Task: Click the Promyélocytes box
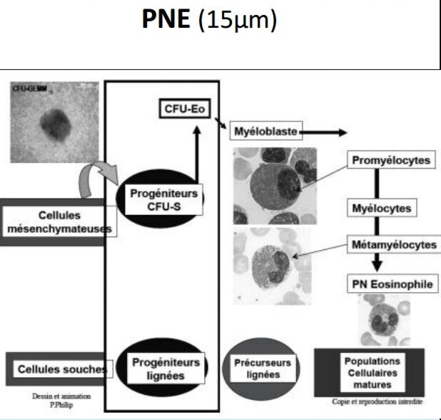click(x=392, y=161)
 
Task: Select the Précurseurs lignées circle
click(x=263, y=369)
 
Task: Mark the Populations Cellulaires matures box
click(x=371, y=371)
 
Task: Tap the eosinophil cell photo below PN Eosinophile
click(x=384, y=319)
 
